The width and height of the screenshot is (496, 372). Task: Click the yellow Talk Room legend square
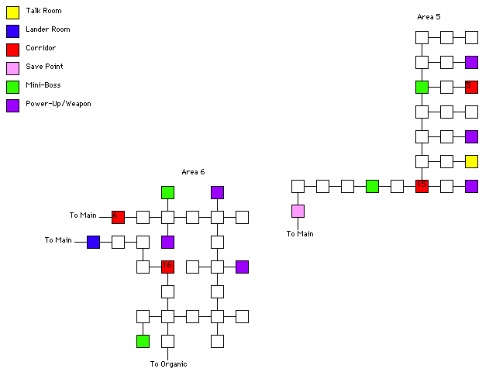[12, 12]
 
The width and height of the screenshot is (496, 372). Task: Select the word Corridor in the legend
[40, 48]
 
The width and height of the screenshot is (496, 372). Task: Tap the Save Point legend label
[44, 67]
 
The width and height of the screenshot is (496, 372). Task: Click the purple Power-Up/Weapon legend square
[12, 105]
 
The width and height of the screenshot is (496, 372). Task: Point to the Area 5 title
[429, 16]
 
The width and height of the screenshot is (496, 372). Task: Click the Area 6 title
[193, 171]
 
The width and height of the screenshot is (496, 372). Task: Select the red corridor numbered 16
[167, 267]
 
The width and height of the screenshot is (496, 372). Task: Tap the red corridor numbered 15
[422, 186]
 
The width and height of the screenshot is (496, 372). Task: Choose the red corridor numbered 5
[471, 87]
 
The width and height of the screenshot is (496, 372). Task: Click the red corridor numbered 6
[118, 217]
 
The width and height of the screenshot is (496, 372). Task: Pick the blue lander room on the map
[93, 242]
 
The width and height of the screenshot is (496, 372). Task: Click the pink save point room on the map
[298, 211]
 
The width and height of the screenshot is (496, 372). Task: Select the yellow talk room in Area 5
[471, 161]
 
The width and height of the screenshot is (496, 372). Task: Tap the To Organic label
[168, 363]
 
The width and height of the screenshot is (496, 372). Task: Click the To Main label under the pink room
[300, 233]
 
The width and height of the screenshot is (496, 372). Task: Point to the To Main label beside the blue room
[58, 240]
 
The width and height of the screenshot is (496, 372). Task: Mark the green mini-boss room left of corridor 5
[422, 87]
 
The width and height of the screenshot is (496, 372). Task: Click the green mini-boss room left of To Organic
[143, 341]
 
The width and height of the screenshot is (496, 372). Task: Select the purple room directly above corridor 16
[167, 242]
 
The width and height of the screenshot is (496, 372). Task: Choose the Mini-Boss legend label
[43, 85]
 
